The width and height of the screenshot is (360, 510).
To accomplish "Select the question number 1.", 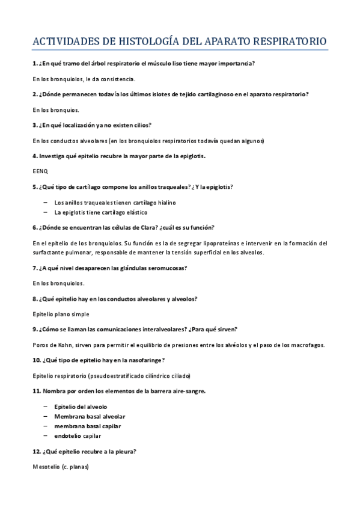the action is (x=34, y=63).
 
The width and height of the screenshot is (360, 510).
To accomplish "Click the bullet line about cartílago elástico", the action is (x=100, y=212).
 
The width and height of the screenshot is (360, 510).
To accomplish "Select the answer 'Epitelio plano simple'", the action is (x=61, y=314).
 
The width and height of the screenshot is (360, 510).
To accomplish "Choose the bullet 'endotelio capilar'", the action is (x=78, y=435).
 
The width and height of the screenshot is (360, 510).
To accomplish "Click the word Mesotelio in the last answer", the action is (x=46, y=467).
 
